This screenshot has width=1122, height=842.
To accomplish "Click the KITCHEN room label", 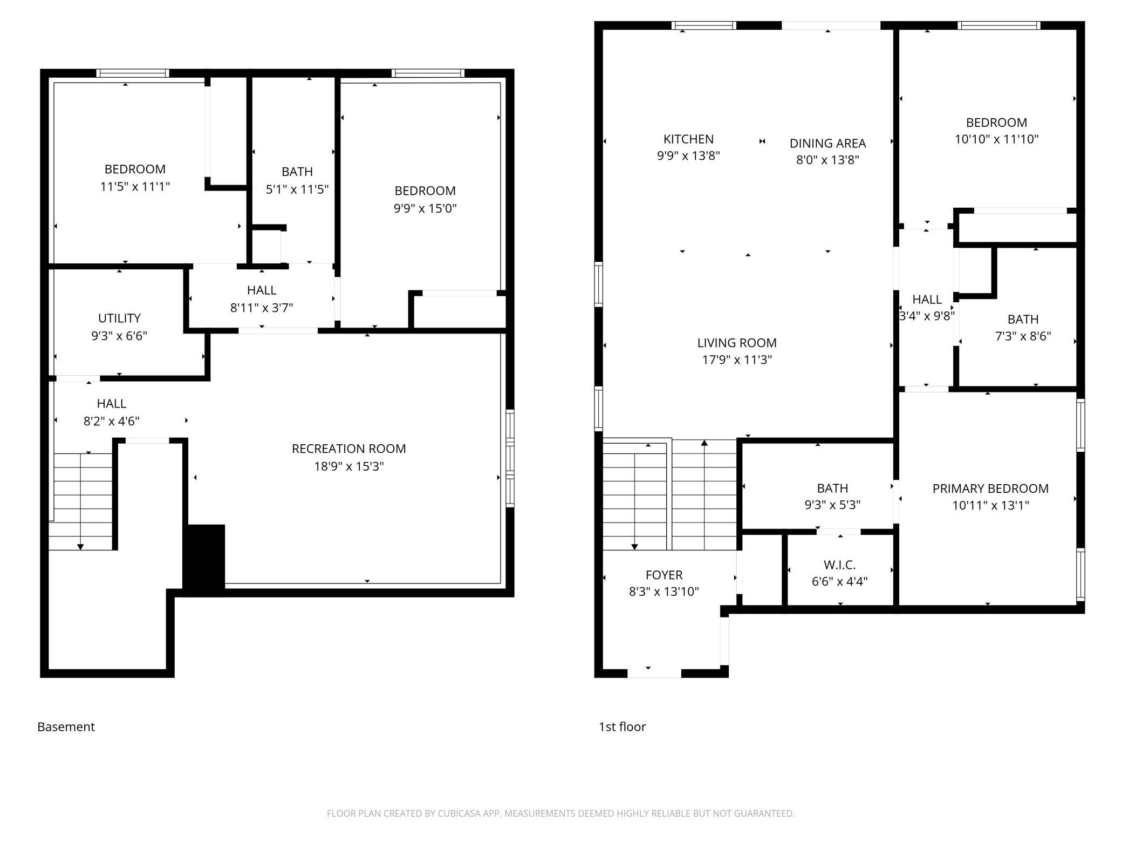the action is click(688, 139).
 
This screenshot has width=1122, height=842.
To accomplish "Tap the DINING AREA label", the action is click(827, 144).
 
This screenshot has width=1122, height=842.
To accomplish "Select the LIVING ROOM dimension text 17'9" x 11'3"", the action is click(737, 359).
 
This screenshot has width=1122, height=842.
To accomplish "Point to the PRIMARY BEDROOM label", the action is click(990, 488).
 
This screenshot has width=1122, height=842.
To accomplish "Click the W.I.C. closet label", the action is click(840, 565).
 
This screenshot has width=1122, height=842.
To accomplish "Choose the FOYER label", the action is click(664, 575).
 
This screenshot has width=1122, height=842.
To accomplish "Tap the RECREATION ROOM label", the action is click(349, 449).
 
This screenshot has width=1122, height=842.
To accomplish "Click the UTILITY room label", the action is click(119, 318).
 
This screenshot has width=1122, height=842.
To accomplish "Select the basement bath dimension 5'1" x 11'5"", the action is click(297, 189).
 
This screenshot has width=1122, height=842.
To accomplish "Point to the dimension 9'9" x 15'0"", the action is click(425, 208).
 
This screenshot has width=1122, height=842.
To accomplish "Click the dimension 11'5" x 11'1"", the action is click(135, 187).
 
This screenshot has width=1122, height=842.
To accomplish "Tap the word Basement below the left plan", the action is click(66, 727).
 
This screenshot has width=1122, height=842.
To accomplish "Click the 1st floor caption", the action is click(622, 727).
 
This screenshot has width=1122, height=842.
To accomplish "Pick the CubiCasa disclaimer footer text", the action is click(561, 813).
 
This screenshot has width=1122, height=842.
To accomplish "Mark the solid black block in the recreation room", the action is click(204, 560).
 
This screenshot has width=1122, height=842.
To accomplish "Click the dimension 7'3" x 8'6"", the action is click(1023, 336).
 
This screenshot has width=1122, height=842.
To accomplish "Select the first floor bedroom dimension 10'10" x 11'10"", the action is click(996, 139).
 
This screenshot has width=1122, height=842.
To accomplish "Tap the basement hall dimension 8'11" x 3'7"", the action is click(262, 308).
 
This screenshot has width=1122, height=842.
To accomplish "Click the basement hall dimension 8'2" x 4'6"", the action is click(112, 421).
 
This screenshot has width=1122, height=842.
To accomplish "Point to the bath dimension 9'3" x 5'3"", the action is click(832, 505).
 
